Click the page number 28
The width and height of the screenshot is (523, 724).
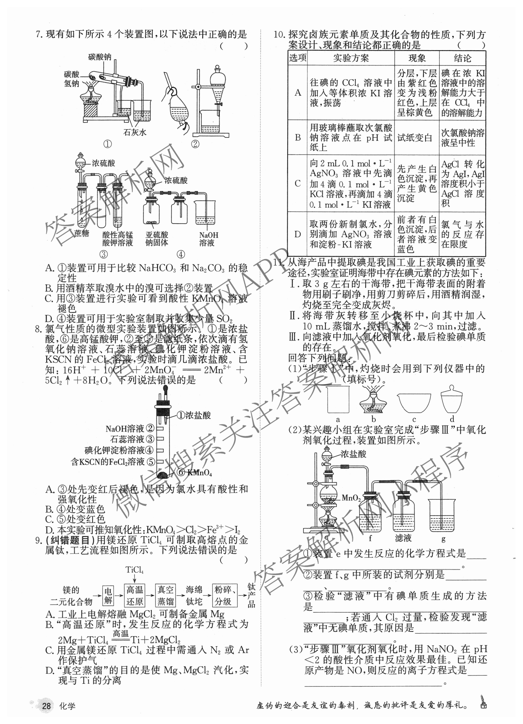(46, 706)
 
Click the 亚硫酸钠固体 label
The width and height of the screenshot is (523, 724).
(157, 239)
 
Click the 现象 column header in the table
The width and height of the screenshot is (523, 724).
(417, 58)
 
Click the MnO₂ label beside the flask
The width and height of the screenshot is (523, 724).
(351, 498)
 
